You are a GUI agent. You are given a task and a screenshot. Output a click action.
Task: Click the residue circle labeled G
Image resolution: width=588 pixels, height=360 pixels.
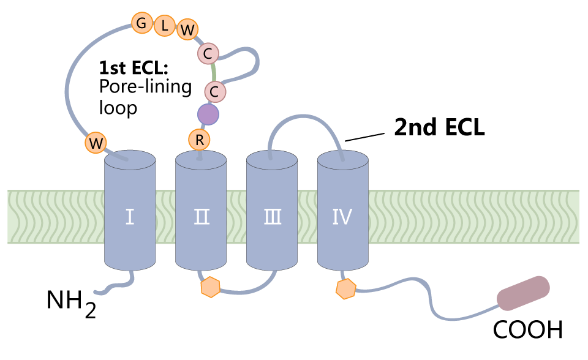tap(141, 23)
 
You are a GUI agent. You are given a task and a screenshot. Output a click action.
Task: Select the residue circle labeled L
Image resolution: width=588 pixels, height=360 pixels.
tap(164, 26)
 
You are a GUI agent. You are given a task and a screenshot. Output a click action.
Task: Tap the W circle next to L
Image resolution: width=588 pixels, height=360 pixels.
tap(187, 29)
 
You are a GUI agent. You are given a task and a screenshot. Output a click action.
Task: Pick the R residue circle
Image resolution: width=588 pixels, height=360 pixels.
tap(199, 140)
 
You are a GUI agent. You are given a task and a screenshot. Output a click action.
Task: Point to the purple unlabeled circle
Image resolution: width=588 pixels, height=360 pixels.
tap(208, 114)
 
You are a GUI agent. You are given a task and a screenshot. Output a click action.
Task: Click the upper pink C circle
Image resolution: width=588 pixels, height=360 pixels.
tap(208, 54)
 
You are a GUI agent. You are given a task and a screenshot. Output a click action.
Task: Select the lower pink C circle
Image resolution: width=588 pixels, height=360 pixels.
tap(214, 92)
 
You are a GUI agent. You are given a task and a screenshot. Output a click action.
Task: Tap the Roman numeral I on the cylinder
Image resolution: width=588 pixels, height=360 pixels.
tap(129, 217)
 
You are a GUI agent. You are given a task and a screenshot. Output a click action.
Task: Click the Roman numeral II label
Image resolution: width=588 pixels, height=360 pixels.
tap(200, 217)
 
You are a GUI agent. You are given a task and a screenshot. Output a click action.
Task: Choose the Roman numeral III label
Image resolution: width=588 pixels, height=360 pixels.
tap(271, 217)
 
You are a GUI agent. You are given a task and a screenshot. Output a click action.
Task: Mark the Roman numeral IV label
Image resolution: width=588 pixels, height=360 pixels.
tap(342, 217)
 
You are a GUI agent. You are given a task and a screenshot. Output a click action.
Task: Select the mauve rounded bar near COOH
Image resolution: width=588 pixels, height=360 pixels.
tap(523, 293)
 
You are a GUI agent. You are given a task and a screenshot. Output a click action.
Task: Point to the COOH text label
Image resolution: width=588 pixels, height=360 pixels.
tap(527, 331)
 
